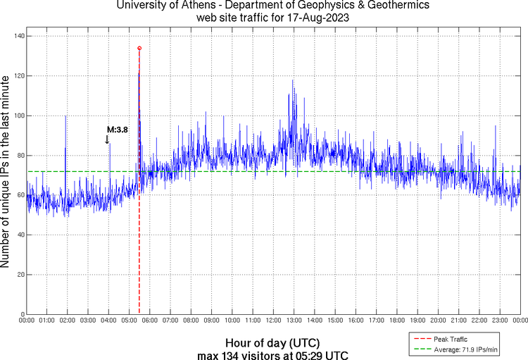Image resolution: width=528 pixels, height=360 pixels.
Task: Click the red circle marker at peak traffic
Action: click(x=139, y=48)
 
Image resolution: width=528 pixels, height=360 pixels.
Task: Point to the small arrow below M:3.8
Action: click(x=107, y=139)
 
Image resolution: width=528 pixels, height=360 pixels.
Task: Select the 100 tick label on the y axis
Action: click(x=18, y=116)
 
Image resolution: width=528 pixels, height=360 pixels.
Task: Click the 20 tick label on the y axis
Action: click(x=20, y=275)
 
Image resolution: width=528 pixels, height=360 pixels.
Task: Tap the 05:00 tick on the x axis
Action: click(x=130, y=321)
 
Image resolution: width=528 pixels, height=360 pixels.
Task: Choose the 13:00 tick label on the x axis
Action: click(x=294, y=321)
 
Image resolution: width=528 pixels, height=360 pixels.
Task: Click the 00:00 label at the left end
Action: click(x=27, y=321)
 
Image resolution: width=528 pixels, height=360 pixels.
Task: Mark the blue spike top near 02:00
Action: click(x=65, y=116)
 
